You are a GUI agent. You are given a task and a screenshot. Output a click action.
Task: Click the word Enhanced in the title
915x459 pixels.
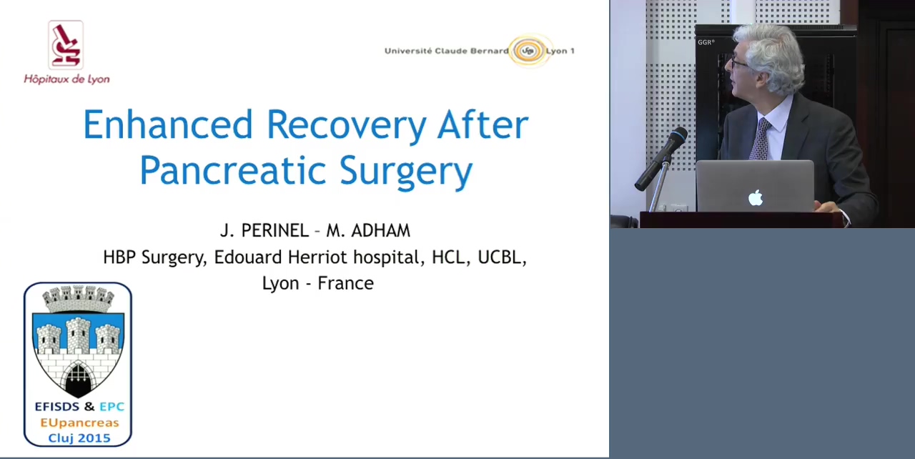tap(168, 125)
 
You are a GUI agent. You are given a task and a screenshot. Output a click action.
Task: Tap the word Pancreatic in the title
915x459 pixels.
tap(233, 170)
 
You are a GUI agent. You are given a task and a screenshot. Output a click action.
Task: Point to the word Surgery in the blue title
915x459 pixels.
tap(406, 172)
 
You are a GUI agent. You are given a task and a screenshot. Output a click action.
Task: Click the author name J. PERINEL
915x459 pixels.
tap(264, 231)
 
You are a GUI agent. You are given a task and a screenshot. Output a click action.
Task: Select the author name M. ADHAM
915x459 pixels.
tap(368, 231)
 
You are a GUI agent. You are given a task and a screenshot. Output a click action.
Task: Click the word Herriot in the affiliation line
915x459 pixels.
tap(318, 257)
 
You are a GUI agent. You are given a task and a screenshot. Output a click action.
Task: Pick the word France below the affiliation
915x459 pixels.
tap(345, 283)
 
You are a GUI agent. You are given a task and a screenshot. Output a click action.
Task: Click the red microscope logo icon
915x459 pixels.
tap(66, 45)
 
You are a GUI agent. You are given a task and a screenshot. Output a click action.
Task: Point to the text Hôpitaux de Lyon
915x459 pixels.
tap(66, 79)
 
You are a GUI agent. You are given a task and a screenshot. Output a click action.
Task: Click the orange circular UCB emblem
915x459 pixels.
tap(528, 51)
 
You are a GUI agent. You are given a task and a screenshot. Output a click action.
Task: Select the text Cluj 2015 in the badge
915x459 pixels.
tap(79, 438)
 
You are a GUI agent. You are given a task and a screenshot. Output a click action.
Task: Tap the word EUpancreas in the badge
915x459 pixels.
tap(79, 423)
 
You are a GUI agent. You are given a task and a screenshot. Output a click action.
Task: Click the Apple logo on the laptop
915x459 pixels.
tap(756, 198)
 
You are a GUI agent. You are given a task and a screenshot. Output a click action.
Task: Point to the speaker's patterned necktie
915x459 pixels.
tap(761, 139)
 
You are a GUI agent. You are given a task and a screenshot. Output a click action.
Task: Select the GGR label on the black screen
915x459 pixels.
tap(706, 42)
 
